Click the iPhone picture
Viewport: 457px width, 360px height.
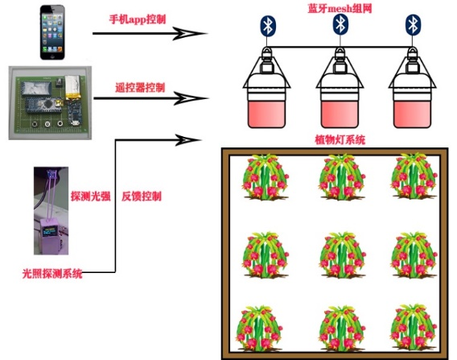click(52, 32)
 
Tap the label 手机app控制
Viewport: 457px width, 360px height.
click(138, 19)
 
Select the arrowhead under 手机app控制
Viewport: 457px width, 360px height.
click(190, 34)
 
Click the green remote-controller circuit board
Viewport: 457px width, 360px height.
click(51, 104)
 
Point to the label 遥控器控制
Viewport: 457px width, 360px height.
click(140, 88)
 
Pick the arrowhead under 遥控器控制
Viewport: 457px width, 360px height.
click(191, 98)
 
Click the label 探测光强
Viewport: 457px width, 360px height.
click(91, 197)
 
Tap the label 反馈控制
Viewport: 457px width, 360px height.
click(142, 197)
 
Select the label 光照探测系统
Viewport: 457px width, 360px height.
click(52, 274)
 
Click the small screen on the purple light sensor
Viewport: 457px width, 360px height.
click(50, 231)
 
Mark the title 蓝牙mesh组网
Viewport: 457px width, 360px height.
click(340, 8)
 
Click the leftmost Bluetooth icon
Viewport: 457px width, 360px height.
click(268, 26)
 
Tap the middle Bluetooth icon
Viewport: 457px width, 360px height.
click(340, 24)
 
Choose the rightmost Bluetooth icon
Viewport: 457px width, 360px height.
click(413, 24)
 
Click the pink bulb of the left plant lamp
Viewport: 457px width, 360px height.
click(266, 114)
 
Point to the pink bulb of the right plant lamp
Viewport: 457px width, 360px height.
click(412, 114)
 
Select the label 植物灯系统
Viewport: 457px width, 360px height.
click(340, 140)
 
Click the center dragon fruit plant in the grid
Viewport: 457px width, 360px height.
click(343, 255)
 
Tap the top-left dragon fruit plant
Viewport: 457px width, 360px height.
click(265, 177)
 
